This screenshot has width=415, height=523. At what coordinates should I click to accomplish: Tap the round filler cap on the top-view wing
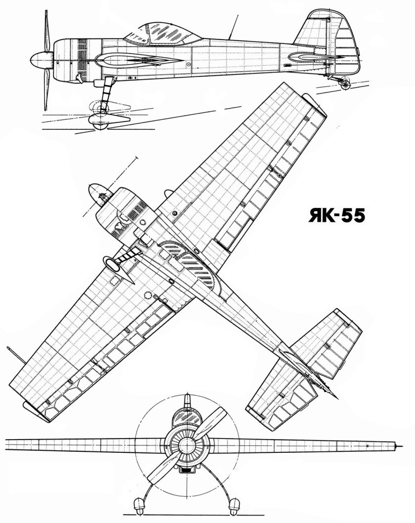[x=175, y=213]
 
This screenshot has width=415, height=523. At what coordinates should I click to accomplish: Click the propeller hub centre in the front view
[x=185, y=446]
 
